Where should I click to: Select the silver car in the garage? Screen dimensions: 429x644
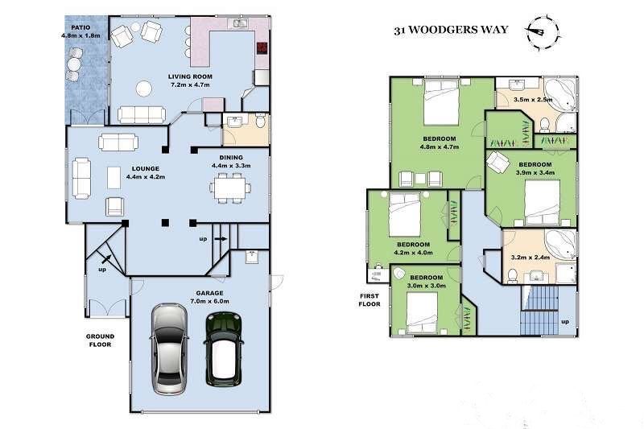169,348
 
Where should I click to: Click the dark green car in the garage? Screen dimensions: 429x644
222,349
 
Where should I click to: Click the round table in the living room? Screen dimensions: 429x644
144,89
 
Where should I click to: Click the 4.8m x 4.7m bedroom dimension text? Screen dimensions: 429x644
439,147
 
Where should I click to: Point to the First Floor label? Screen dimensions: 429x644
369,300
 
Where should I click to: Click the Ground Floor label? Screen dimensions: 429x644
101,340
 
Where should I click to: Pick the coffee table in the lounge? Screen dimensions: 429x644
114,176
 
